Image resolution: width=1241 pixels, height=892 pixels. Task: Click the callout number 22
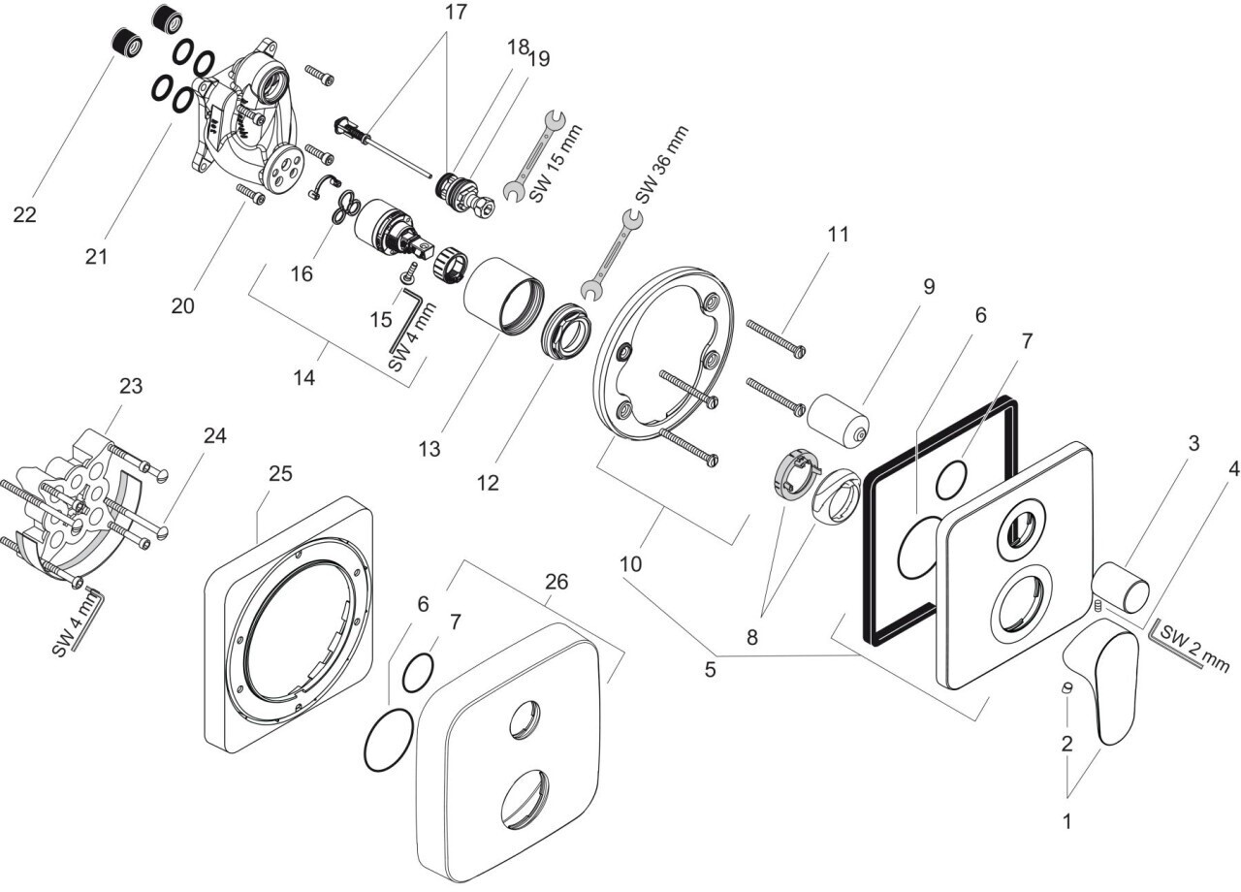coord(24,214)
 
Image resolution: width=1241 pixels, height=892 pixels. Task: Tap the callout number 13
coord(430,449)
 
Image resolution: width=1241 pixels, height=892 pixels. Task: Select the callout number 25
coord(280,474)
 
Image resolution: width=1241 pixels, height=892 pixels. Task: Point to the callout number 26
coord(557,582)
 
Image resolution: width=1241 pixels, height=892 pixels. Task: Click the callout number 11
coord(838,235)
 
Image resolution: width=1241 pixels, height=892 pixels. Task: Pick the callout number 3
coord(1194,443)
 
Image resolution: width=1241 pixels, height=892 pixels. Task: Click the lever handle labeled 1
coord(1105,684)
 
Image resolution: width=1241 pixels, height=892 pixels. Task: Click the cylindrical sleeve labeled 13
coord(500,294)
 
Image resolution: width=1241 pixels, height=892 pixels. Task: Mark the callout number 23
coord(131,386)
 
